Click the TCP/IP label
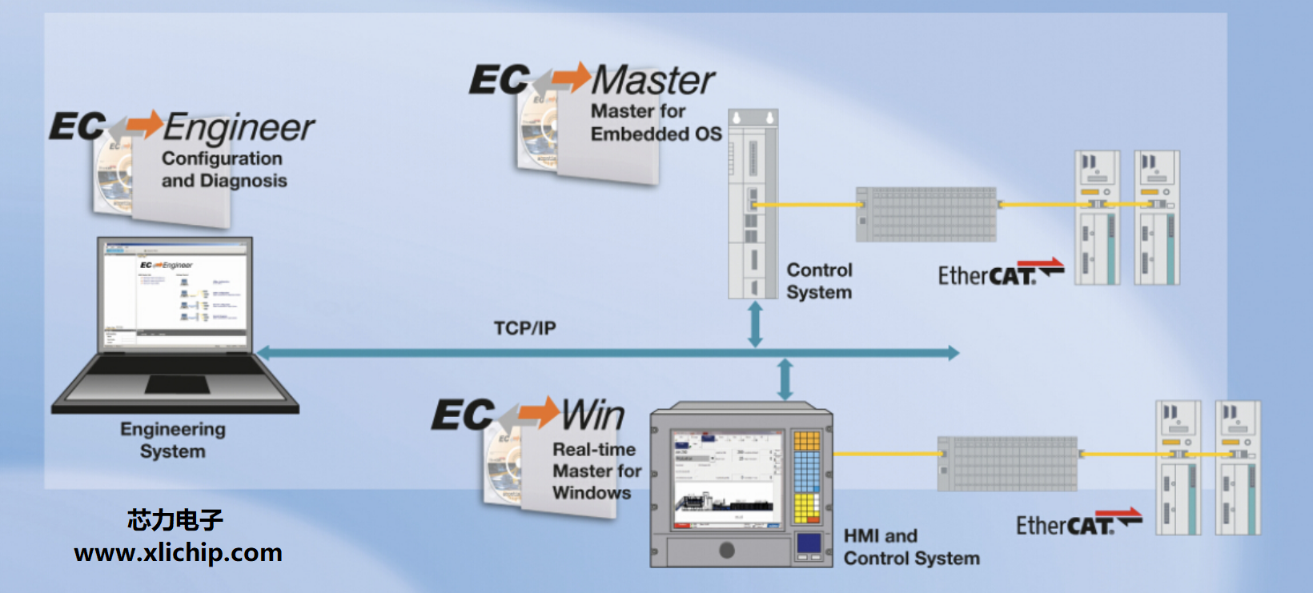pyautogui.click(x=524, y=328)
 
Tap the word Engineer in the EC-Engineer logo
pyautogui.click(x=239, y=128)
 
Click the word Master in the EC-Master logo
pyautogui.click(x=653, y=80)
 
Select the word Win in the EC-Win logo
pyautogui.click(x=592, y=415)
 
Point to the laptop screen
pyautogui.click(x=175, y=294)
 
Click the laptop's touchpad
pyautogui.click(x=177, y=385)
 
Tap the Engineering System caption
pyautogui.click(x=173, y=440)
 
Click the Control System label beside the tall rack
pyautogui.click(x=819, y=281)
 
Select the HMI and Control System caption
pyautogui.click(x=911, y=547)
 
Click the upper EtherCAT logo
pyautogui.click(x=999, y=274)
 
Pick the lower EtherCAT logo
pyautogui.click(x=1078, y=523)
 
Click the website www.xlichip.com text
pyautogui.click(x=178, y=553)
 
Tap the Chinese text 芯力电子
pyautogui.click(x=175, y=520)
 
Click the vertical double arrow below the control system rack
pyautogui.click(x=755, y=324)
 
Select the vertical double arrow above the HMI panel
pyautogui.click(x=785, y=379)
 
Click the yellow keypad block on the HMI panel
pyautogui.click(x=806, y=508)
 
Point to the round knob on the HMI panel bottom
pyautogui.click(x=727, y=550)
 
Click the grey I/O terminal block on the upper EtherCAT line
pyautogui.click(x=926, y=214)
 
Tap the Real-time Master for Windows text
pyautogui.click(x=596, y=471)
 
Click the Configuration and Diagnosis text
pyautogui.click(x=223, y=170)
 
